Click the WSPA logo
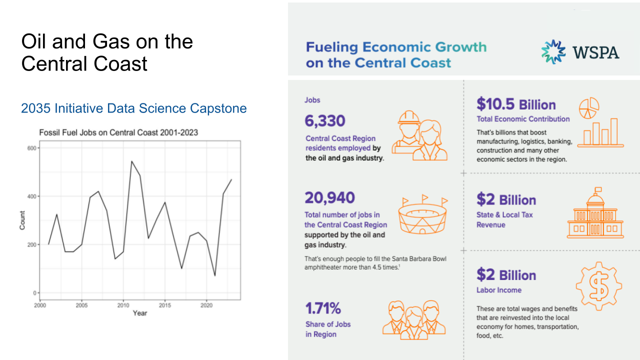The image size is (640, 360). (580, 52)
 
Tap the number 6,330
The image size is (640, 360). (325, 120)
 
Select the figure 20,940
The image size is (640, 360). (329, 197)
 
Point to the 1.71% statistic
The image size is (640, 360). (323, 308)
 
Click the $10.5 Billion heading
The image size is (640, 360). (516, 104)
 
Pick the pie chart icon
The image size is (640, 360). (589, 107)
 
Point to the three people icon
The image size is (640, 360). (413, 317)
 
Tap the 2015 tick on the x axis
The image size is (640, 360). (165, 305)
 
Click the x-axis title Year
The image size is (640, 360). (140, 313)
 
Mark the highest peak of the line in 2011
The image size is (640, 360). (131, 161)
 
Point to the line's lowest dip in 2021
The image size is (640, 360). (215, 275)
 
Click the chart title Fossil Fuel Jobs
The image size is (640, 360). (118, 133)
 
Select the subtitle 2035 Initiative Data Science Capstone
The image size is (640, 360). (134, 108)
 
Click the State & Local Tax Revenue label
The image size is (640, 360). (504, 219)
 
